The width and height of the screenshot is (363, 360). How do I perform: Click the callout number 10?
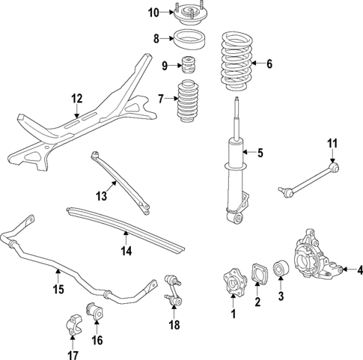point(153,12)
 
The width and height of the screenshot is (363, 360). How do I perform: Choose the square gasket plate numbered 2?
point(258,274)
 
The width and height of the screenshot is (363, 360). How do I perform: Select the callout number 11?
point(333,141)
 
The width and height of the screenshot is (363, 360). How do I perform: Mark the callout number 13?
point(100,197)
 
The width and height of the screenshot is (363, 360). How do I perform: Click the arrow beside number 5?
point(251,155)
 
